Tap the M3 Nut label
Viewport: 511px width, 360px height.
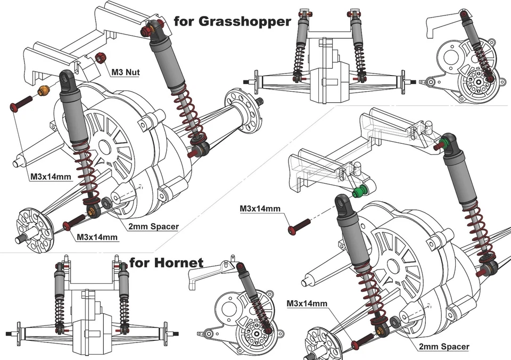pyautogui.click(x=126, y=72)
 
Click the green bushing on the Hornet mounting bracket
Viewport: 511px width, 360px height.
pyautogui.click(x=360, y=190)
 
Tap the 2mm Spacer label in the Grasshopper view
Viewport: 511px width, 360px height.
pyautogui.click(x=153, y=226)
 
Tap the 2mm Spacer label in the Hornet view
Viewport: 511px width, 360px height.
pyautogui.click(x=444, y=347)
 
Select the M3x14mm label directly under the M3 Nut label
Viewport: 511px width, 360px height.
pyautogui.click(x=51, y=176)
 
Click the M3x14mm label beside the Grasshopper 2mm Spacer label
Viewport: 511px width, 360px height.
pyautogui.click(x=97, y=236)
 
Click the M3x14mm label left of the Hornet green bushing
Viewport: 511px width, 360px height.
pyautogui.click(x=260, y=209)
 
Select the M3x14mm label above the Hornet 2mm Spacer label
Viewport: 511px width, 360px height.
pyautogui.click(x=307, y=304)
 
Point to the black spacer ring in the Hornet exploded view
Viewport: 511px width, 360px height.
pyautogui.click(x=396, y=323)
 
